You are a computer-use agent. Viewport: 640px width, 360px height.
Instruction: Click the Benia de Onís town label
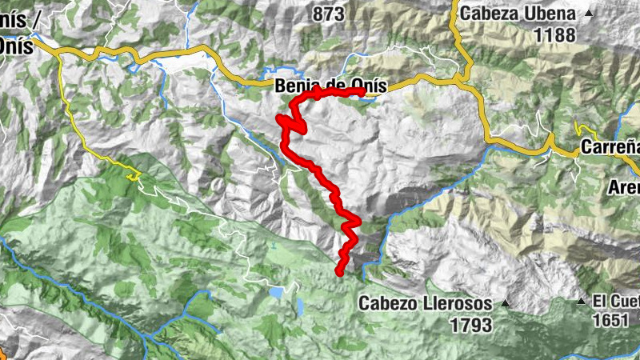[330, 86]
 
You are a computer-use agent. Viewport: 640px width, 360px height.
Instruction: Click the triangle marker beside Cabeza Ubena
[590, 14]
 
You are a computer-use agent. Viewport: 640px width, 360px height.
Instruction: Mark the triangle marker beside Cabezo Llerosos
[505, 304]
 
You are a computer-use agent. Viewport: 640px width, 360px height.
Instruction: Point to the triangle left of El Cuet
[582, 301]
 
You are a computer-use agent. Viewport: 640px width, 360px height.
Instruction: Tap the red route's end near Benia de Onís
[362, 92]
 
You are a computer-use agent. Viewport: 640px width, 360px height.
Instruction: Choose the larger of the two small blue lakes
[276, 294]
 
